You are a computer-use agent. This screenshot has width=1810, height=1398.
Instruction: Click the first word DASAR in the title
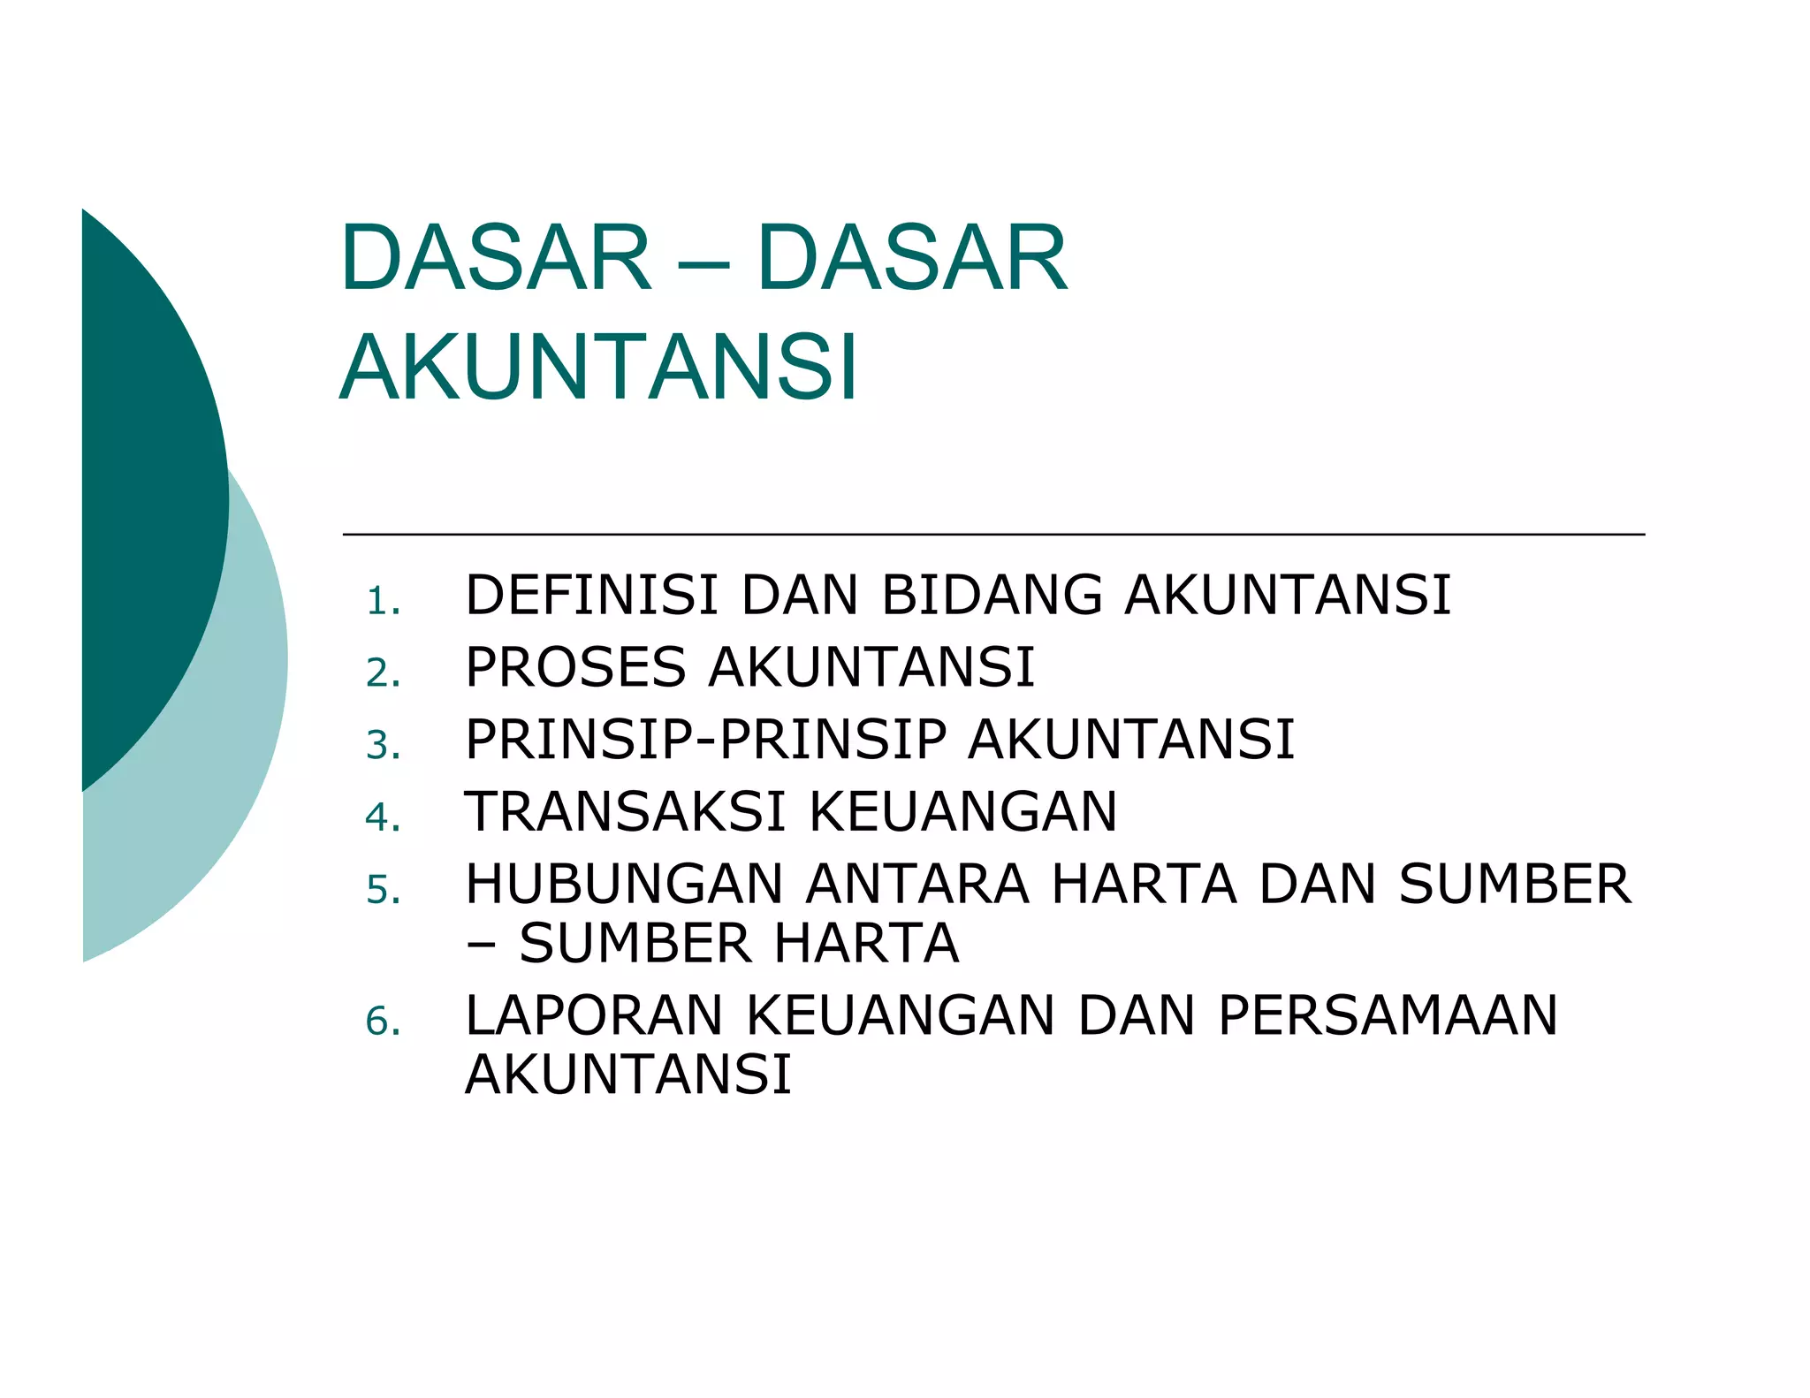pos(496,258)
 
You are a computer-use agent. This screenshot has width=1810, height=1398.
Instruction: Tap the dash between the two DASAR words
pos(704,263)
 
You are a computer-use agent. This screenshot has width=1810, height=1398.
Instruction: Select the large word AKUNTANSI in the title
pos(598,368)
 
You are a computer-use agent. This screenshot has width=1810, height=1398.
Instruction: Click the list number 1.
pos(382,602)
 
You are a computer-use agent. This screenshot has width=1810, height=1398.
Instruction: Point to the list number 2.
pos(383,673)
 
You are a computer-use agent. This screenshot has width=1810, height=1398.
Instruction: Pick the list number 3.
pos(383,746)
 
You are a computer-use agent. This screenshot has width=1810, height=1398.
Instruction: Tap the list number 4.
pos(383,817)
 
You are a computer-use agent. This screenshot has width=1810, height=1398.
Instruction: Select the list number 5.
pos(383,890)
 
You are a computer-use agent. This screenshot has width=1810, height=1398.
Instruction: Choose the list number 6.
pos(383,1022)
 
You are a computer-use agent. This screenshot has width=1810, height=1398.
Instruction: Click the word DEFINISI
pos(591,595)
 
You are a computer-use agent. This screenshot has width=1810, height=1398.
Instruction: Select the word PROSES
pos(575,667)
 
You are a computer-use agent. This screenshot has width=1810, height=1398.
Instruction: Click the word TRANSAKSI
pos(625,812)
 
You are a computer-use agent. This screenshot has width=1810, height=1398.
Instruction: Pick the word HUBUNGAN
pos(624,885)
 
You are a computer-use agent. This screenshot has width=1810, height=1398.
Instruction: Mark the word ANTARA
pos(917,885)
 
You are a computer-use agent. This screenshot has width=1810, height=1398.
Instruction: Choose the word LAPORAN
pos(594,1015)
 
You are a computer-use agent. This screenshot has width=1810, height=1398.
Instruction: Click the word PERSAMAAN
pos(1388,1015)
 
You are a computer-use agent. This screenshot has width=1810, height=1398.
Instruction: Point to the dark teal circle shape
pos(150,495)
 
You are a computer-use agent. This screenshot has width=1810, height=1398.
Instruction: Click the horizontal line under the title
pos(993,535)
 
